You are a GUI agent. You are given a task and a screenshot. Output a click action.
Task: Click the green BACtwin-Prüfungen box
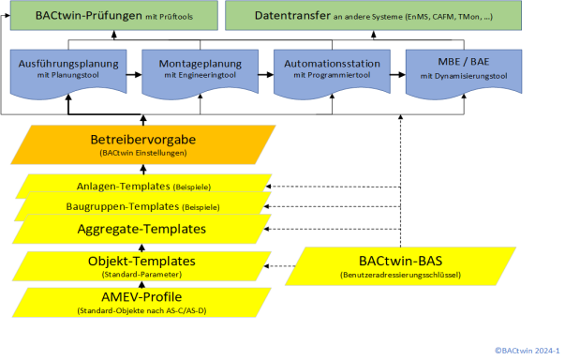(114, 16)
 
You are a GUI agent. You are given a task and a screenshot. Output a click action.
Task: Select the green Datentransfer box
(373, 16)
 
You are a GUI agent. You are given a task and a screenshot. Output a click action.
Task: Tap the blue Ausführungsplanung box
(68, 73)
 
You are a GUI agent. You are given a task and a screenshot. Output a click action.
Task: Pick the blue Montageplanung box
(200, 73)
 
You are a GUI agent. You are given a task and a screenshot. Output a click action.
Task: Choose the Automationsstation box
(332, 73)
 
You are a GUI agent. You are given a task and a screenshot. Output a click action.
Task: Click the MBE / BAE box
(464, 73)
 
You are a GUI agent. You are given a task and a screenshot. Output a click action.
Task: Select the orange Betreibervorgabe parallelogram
(143, 145)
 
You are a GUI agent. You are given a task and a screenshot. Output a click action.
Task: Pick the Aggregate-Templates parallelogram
(141, 229)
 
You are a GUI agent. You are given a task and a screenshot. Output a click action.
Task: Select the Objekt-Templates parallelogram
(141, 266)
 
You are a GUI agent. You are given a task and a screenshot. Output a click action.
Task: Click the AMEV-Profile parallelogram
(141, 303)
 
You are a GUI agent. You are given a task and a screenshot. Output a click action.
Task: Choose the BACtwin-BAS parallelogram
(400, 266)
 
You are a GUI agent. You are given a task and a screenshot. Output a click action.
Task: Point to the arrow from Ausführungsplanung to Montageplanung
(134, 75)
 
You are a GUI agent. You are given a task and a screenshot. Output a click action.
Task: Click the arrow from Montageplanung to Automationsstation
(266, 75)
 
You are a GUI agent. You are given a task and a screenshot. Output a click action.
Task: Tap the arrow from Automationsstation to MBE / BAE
(398, 75)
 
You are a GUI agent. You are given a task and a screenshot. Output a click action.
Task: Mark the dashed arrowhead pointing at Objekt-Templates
(267, 266)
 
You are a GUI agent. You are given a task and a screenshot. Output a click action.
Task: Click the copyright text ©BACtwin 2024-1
(527, 351)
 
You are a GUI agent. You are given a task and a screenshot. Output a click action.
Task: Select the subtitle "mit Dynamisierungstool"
(464, 76)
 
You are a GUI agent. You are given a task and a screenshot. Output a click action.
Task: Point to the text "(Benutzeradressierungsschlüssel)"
(400, 275)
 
